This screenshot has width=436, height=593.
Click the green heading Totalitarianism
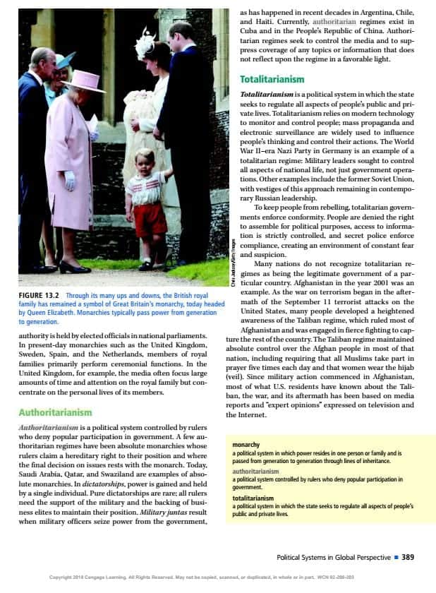coord(272,80)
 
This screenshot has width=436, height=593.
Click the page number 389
coord(407,557)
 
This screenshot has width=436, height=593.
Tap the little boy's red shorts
coord(150,220)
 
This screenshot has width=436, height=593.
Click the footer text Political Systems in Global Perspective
coord(334,557)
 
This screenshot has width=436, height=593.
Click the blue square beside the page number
coord(396,557)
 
